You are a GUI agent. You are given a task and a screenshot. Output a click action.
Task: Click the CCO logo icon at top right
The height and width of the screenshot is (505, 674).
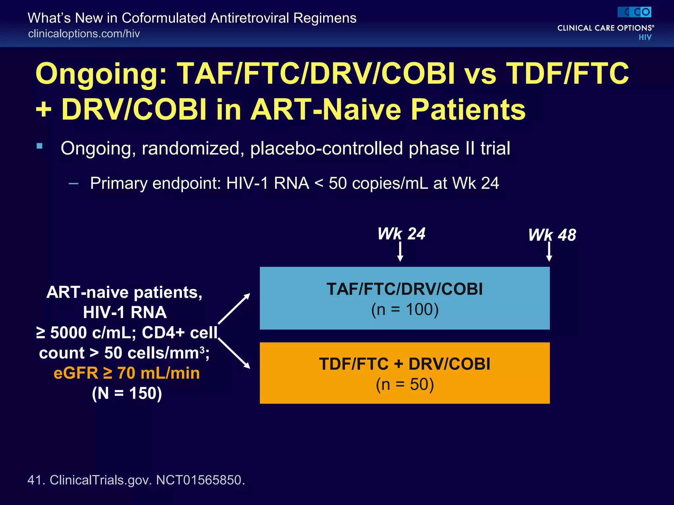tap(634, 12)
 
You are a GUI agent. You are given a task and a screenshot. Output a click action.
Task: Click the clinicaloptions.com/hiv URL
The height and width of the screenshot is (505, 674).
tap(84, 34)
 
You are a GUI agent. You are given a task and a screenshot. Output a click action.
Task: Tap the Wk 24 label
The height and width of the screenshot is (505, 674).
tap(401, 234)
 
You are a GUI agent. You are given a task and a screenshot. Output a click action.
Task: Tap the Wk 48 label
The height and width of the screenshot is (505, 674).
tap(552, 235)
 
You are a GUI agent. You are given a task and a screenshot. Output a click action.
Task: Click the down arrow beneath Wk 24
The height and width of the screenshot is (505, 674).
tap(400, 252)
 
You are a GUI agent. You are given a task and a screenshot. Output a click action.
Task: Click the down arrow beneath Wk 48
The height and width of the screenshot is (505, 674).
tap(549, 252)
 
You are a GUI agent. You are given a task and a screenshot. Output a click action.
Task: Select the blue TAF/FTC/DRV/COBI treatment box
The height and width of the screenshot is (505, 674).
tap(404, 298)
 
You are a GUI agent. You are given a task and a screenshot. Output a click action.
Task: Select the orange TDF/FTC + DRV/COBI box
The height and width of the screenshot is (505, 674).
tap(404, 373)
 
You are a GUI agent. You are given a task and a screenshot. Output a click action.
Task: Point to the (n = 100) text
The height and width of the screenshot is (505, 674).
tap(405, 309)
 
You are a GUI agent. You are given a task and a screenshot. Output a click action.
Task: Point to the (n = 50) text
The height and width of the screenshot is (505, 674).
tap(405, 384)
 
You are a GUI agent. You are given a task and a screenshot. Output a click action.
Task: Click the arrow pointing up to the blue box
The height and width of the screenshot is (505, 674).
tap(234, 309)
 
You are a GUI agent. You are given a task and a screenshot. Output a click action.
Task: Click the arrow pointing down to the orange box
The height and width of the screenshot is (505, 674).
tap(234, 353)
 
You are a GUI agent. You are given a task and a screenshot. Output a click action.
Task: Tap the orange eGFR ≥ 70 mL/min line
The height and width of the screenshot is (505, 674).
tap(127, 373)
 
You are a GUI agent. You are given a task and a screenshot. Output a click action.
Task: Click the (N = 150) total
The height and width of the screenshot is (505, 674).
tap(127, 393)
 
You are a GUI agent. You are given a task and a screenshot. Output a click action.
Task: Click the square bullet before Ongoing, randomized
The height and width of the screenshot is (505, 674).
tap(40, 146)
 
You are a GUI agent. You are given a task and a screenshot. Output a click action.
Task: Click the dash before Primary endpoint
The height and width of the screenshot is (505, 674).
tap(73, 183)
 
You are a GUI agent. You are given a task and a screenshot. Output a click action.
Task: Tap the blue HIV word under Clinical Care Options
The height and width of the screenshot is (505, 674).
tap(645, 37)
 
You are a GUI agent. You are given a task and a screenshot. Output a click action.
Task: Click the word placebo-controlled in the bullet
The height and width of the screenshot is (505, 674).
tap(326, 148)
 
